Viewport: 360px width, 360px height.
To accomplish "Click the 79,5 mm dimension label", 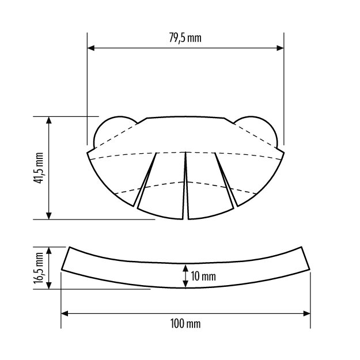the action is click(185, 38).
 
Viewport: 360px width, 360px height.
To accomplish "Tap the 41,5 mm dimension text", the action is click(39, 168).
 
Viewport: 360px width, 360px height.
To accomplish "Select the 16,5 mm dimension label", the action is click(39, 268).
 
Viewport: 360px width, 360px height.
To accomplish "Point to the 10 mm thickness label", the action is click(203, 276).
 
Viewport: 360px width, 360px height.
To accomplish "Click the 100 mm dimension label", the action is click(185, 324).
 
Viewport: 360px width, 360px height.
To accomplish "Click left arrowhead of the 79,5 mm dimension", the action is click(91, 48).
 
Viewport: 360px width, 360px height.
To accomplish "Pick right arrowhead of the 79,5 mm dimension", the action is click(280, 48).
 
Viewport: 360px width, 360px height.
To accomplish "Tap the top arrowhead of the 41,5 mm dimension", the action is click(49, 120).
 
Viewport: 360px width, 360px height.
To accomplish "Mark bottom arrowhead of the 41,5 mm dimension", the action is click(49, 216).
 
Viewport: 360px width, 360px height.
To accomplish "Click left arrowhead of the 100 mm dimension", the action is click(65, 313).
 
